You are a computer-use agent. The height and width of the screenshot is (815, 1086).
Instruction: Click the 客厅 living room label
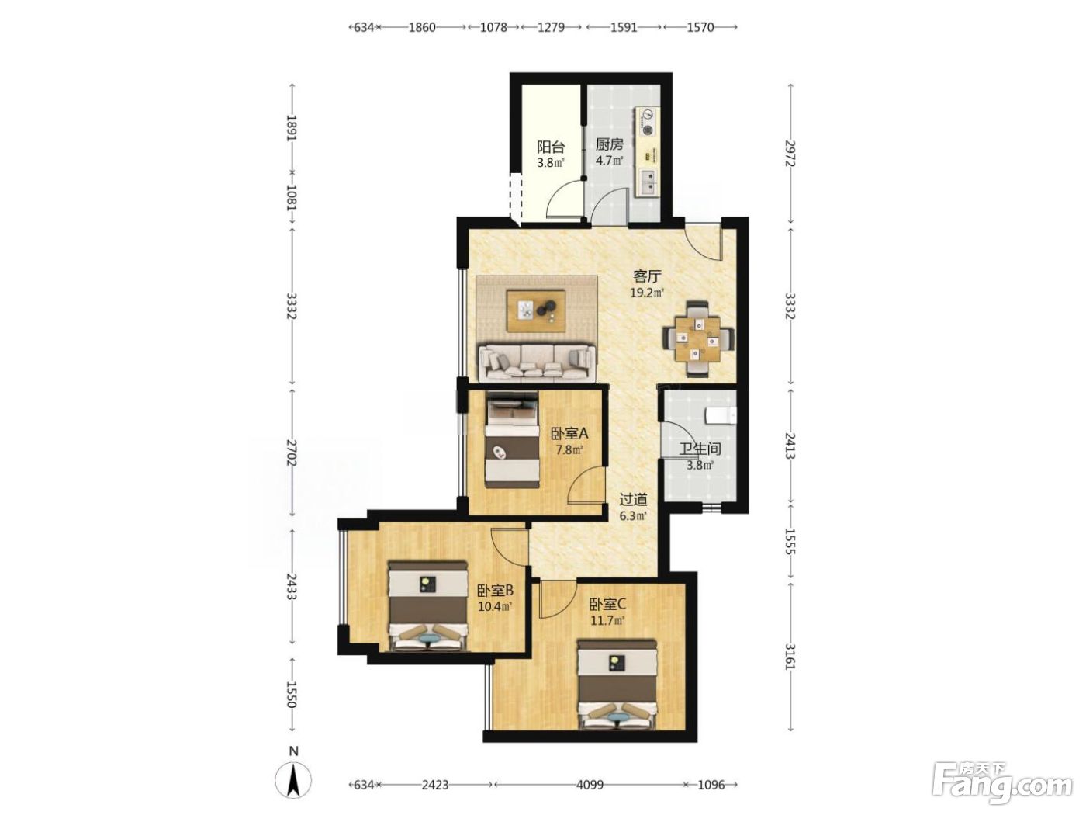point(647,276)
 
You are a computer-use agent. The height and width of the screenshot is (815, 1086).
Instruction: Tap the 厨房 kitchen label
point(609,144)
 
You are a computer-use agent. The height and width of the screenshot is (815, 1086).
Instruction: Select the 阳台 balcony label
point(552,147)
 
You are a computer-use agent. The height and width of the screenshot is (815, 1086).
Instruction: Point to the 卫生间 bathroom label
point(700,449)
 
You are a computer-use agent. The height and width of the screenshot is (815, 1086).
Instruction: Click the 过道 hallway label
point(633,500)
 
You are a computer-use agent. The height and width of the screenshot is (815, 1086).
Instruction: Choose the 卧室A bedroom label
point(569,434)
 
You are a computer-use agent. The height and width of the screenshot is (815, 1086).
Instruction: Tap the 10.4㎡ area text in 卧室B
point(494,606)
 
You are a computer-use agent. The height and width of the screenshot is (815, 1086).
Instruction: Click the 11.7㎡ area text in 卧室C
point(607,620)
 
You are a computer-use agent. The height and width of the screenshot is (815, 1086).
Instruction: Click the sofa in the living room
point(536,363)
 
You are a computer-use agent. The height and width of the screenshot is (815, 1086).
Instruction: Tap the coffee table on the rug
point(536,310)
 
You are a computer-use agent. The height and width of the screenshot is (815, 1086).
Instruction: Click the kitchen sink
point(647,182)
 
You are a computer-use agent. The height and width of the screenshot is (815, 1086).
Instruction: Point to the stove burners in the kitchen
point(647,122)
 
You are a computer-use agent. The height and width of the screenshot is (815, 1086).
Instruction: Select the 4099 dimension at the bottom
point(590,784)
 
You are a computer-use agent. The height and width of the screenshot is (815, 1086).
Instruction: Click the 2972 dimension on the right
point(790,154)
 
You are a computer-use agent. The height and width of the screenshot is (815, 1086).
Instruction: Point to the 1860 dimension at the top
point(421,27)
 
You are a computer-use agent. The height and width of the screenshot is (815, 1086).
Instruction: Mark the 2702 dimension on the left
point(292,453)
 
